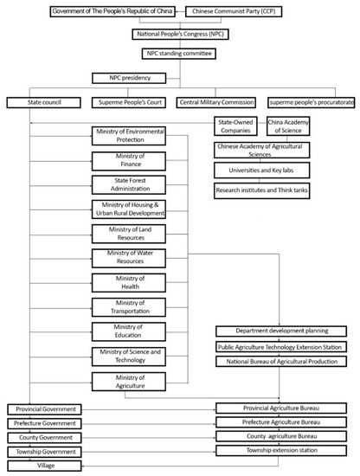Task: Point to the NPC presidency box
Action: tap(127, 78)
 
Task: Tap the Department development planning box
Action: tap(281, 331)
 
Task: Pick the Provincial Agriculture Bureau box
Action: tap(281, 408)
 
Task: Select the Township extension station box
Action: tap(281, 451)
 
